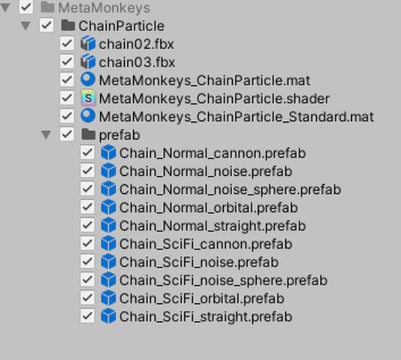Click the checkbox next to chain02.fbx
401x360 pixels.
(x=67, y=43)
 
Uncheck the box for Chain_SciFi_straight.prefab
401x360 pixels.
(x=87, y=316)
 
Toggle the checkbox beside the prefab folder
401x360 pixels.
(x=67, y=134)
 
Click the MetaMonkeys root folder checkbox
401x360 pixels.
(x=26, y=7)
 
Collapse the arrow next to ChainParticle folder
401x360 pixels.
(x=26, y=26)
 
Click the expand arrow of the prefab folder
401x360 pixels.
(x=46, y=134)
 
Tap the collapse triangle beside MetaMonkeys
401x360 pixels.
(x=5, y=8)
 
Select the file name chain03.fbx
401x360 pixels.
(x=137, y=63)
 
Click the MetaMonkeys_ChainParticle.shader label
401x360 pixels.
(x=214, y=99)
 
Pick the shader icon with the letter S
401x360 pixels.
(x=88, y=98)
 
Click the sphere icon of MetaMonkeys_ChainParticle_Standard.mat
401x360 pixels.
(x=88, y=116)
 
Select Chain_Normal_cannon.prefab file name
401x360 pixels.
(x=213, y=154)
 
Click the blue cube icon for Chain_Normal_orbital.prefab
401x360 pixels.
(x=109, y=207)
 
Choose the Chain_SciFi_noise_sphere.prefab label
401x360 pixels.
(x=224, y=281)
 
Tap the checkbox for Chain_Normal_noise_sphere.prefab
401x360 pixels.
(x=87, y=189)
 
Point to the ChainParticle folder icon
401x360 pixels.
(x=68, y=26)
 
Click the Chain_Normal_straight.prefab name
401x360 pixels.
(x=213, y=226)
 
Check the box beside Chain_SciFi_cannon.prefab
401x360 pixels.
(x=87, y=244)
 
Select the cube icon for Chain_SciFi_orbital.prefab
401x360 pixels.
(x=109, y=298)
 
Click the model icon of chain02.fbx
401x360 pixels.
(x=88, y=44)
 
